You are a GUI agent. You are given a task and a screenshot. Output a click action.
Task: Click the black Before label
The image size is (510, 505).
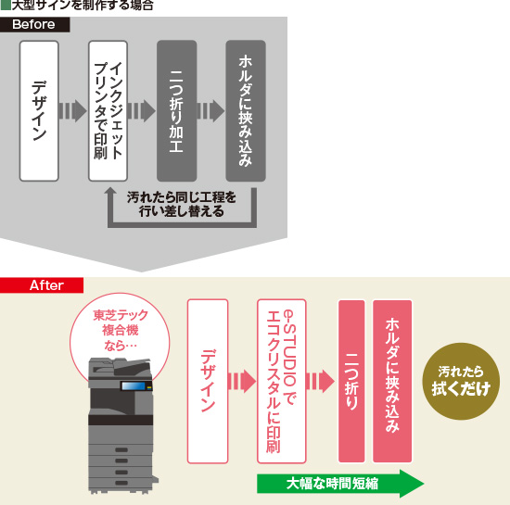[34, 24]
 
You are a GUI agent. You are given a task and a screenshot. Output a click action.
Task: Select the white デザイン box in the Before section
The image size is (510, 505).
[39, 110]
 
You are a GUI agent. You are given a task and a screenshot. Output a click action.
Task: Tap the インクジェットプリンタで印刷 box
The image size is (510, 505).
[108, 110]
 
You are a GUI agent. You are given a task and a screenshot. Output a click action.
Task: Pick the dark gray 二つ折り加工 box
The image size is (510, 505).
[176, 110]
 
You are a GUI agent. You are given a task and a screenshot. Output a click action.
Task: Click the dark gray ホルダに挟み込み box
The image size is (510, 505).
[246, 110]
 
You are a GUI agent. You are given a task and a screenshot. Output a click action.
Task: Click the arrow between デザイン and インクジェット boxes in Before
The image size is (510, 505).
[73, 111]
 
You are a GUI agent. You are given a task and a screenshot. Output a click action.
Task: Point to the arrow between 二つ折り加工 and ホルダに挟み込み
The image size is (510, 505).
[211, 111]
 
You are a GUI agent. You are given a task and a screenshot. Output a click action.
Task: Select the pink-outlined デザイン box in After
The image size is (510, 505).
[208, 381]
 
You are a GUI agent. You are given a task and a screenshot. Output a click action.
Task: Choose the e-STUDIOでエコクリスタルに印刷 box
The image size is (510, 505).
[281, 381]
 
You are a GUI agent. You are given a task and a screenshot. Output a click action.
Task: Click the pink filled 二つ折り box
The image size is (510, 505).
[351, 381]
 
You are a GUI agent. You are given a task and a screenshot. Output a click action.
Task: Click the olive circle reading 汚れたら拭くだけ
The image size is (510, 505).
[459, 381]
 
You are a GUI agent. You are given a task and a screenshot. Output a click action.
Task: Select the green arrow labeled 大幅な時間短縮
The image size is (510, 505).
[338, 483]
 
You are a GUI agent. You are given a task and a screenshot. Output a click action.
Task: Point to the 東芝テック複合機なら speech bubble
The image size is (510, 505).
[120, 331]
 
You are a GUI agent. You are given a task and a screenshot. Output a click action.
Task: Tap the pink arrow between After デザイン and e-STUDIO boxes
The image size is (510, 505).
[242, 382]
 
